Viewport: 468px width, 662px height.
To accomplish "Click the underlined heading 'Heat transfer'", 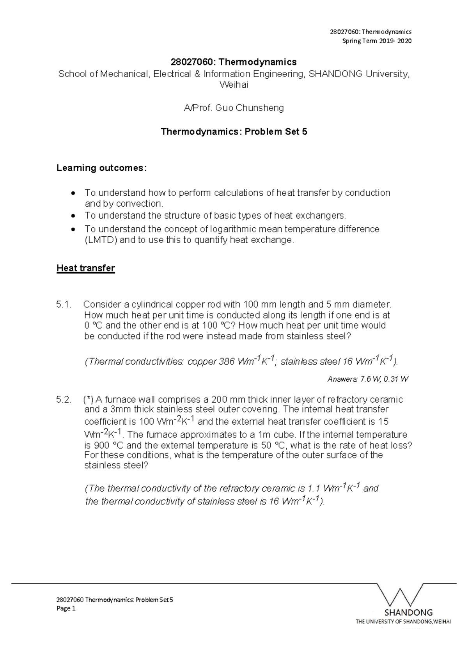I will coord(85,268).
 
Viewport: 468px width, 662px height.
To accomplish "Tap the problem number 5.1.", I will coord(64,304).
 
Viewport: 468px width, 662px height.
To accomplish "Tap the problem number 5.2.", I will coord(64,400).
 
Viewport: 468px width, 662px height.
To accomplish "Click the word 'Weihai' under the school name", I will coord(234,85).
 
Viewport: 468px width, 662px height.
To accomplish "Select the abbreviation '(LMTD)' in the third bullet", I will coord(101,240).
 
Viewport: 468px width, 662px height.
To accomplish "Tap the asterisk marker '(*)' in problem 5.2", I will coord(88,400).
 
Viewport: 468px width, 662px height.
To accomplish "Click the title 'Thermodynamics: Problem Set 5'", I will coord(234,132).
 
